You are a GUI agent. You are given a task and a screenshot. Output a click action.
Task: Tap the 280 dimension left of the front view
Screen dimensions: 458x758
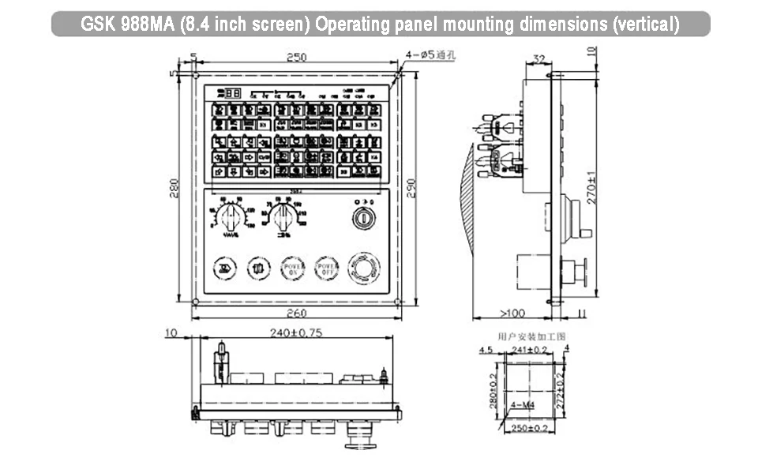point(175,187)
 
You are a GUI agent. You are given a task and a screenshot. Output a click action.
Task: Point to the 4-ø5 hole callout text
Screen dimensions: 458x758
point(432,54)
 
